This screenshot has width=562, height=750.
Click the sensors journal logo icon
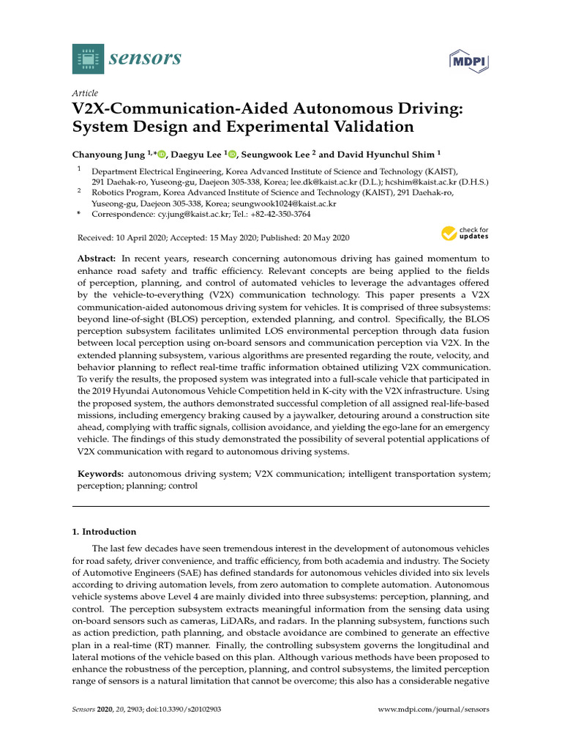point(89,59)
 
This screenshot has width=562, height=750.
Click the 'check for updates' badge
point(465,234)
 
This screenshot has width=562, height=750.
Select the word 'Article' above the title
point(85,94)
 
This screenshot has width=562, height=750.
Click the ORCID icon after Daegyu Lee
point(232,154)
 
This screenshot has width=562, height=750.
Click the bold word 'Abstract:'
point(97,260)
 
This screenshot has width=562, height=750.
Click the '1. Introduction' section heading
point(105,532)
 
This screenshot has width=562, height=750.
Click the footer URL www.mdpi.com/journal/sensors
point(434,710)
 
